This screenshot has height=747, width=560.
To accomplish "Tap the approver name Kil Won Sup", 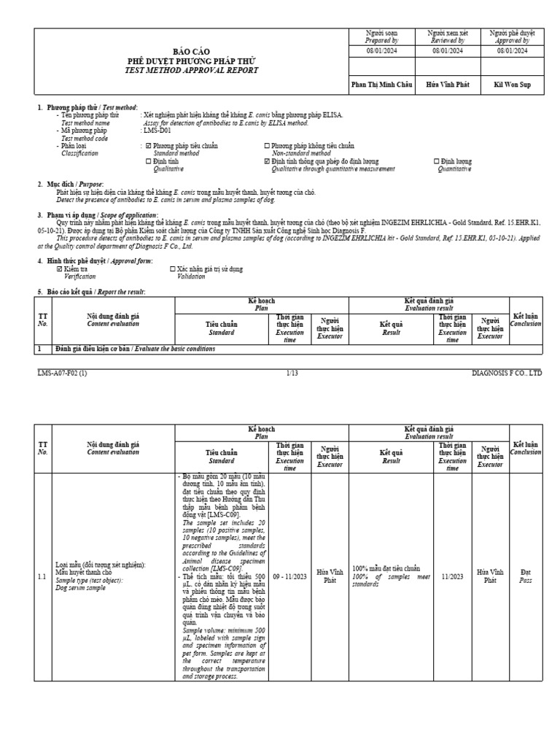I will click(513, 85).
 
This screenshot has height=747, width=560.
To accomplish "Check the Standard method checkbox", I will click(149, 146).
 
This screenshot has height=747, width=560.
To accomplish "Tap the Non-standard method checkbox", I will click(266, 146).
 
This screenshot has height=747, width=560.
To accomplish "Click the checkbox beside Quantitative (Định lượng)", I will click(437, 161).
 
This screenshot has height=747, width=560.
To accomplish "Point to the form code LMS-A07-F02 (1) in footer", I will click(62, 373).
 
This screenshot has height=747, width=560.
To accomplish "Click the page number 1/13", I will click(292, 373).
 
